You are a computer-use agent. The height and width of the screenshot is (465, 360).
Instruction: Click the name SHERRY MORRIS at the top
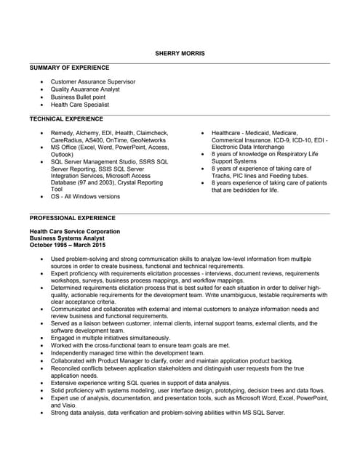point(180,53)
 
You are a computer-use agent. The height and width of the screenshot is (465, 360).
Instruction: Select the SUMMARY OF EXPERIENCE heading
point(69,68)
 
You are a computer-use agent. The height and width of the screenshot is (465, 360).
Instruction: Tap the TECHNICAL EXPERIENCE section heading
point(66,118)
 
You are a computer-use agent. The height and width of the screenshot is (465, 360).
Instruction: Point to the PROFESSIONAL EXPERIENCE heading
point(72,217)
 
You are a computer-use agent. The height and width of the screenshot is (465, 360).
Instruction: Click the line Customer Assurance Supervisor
point(93,82)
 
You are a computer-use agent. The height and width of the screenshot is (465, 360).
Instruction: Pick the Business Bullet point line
point(78,97)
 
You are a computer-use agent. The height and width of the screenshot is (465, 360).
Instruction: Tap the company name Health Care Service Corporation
point(75,231)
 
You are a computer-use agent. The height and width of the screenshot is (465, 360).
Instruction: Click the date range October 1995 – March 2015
point(68,245)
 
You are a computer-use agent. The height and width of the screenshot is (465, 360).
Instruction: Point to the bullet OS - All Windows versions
point(85,196)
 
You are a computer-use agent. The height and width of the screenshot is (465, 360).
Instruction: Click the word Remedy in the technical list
point(63,133)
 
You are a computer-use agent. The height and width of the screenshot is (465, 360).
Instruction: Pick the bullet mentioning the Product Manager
point(171,360)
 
